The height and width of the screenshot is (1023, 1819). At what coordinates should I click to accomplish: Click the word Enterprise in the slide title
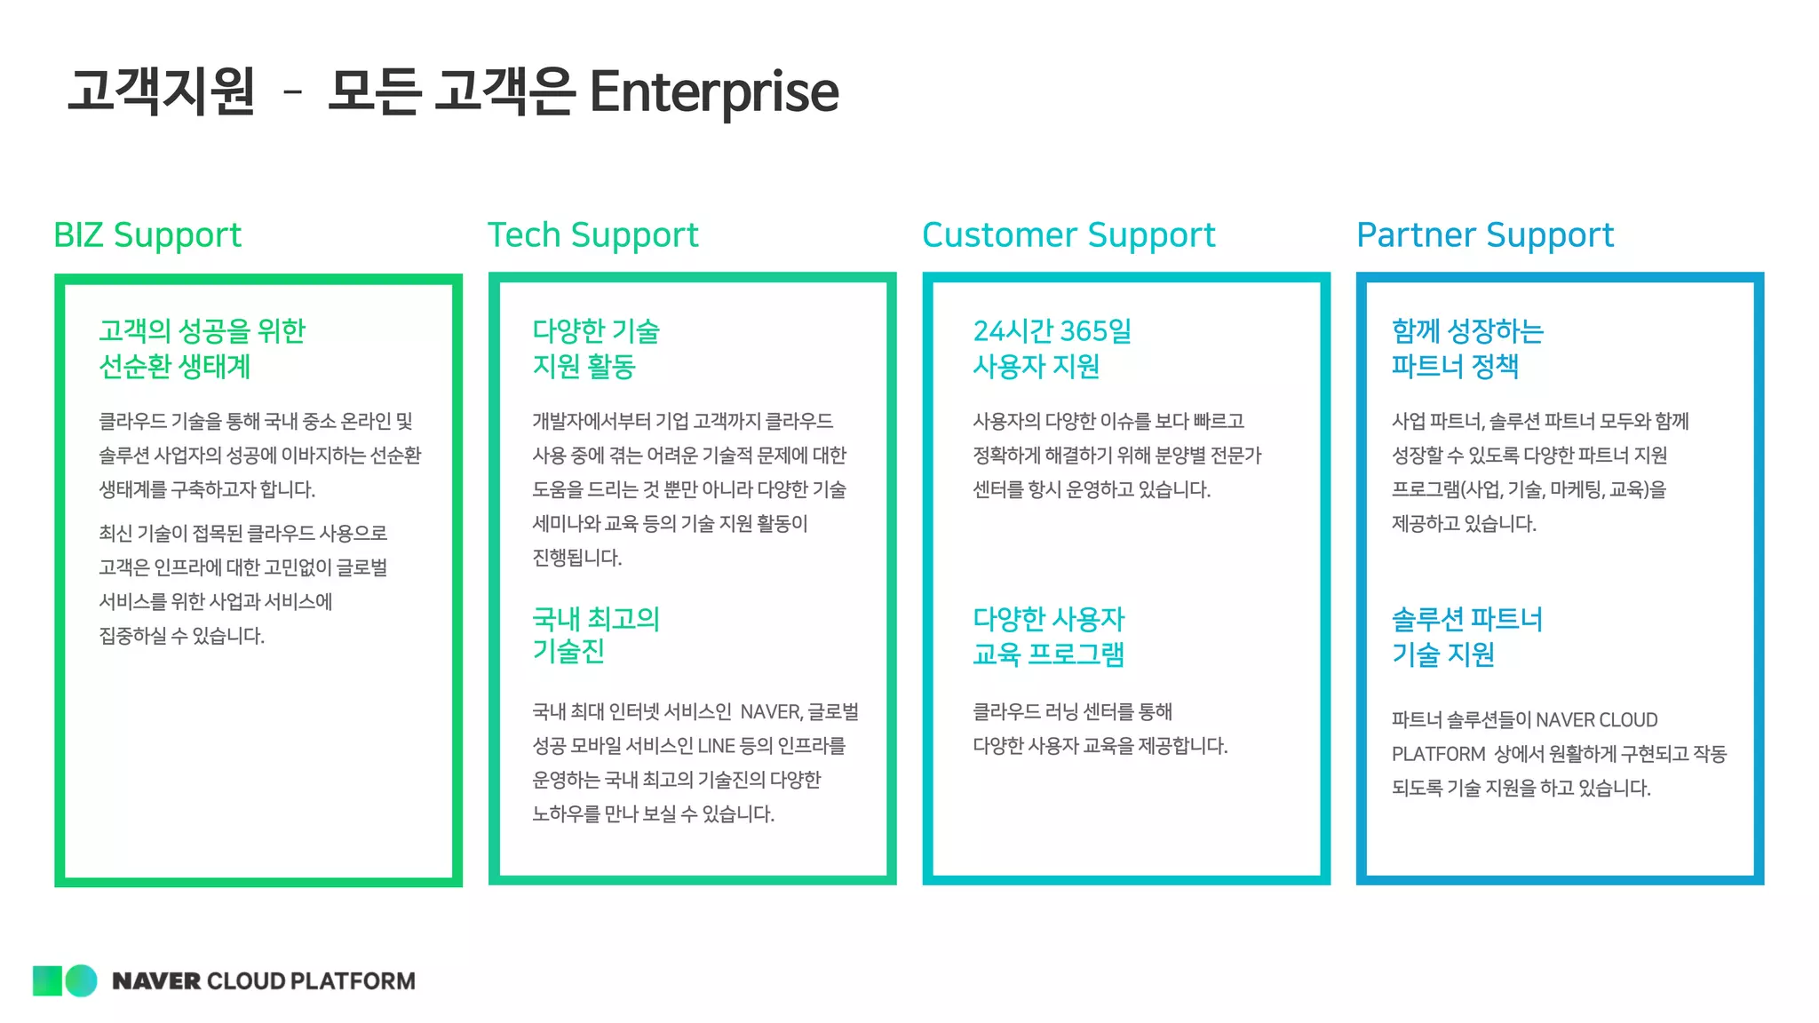point(713,91)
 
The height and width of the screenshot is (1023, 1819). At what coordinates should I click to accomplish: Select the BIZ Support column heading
point(147,235)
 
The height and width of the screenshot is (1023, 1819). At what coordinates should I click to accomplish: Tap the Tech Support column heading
point(592,235)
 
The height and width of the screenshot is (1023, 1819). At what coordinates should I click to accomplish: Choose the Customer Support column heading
point(1068,235)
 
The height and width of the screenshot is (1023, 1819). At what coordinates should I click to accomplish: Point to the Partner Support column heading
point(1485,235)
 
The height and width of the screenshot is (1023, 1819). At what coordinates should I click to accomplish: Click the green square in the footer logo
point(47,980)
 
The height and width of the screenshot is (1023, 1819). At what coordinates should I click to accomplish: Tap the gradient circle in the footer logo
point(82,980)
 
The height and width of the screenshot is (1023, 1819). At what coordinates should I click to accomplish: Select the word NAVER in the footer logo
point(156,981)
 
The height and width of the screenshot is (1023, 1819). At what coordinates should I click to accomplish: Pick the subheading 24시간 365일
point(1052,331)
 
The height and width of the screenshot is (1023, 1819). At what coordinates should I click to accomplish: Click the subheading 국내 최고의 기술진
point(595,634)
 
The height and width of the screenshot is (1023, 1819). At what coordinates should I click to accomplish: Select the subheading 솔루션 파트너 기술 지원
point(1466,636)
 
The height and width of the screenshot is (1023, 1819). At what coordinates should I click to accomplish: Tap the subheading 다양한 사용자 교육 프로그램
point(1048,636)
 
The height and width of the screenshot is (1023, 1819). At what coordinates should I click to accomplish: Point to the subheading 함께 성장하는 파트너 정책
point(1467,348)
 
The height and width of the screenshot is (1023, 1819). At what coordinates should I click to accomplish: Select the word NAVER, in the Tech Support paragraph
point(771,712)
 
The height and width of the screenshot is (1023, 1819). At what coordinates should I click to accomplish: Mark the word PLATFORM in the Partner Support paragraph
point(1438,754)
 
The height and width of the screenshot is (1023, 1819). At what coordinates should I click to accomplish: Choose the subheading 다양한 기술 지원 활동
point(595,348)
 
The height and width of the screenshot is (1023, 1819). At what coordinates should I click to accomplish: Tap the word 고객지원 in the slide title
point(162,91)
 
